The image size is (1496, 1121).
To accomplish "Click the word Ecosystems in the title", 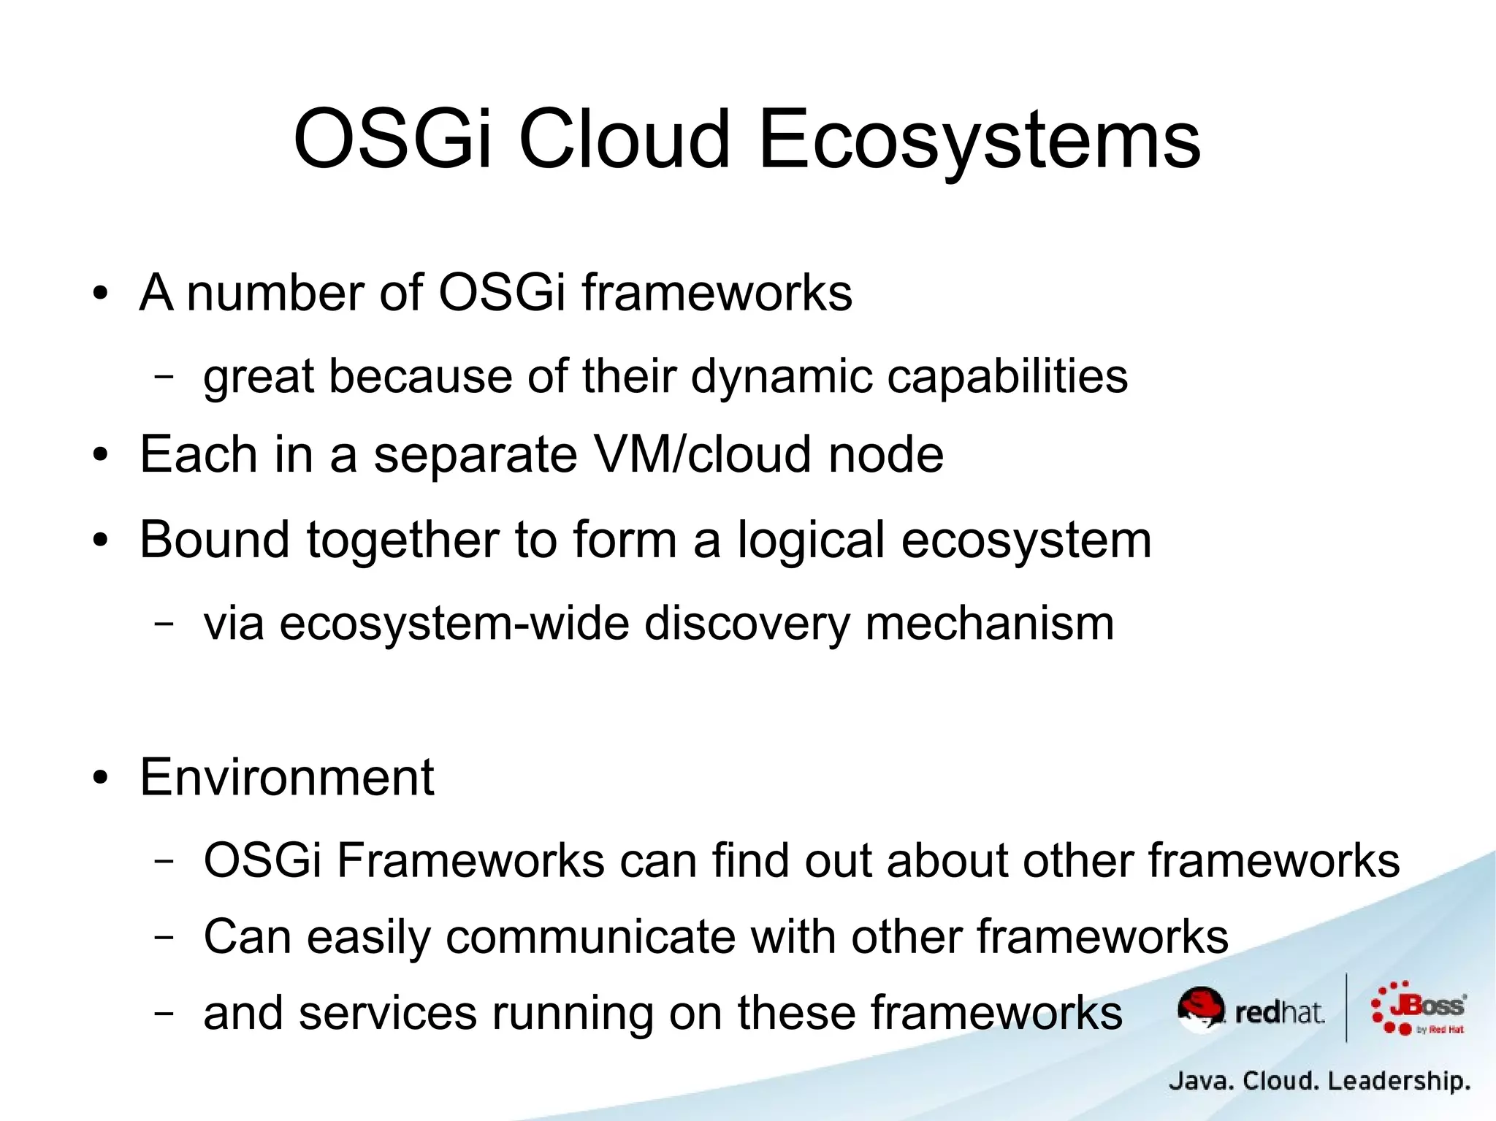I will click(979, 139).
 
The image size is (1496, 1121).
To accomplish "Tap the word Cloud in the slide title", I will click(624, 139).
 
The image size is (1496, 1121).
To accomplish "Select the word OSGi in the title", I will click(392, 139).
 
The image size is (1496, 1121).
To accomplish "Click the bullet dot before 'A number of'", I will click(100, 294).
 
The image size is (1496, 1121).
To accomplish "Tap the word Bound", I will click(215, 540).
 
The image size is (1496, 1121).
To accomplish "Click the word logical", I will click(812, 541).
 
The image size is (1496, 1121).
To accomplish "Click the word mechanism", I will click(989, 624).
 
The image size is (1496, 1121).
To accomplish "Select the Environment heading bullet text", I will click(287, 777).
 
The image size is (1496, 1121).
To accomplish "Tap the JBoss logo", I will click(1419, 1008).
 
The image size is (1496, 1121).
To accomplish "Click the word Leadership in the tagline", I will click(1398, 1080).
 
